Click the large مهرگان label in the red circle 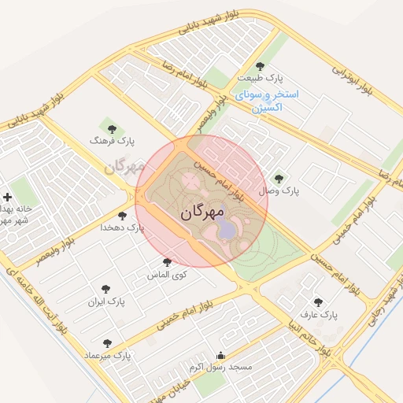[202, 212]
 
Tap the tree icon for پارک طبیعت [261, 66]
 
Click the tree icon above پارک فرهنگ [111, 128]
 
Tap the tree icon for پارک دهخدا [122, 214]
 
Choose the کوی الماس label [167, 275]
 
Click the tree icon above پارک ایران [106, 289]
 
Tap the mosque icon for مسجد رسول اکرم [220, 355]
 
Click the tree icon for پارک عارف [319, 301]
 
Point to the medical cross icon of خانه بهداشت [8, 197]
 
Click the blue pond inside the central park [227, 229]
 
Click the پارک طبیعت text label [274, 78]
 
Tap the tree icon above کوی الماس [167, 262]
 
